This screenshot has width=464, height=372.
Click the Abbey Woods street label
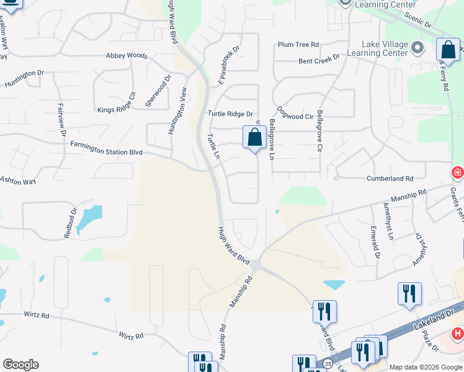click(x=127, y=56)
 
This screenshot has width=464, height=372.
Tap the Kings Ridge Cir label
click(x=116, y=104)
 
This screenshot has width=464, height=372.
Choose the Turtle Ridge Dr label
click(x=230, y=114)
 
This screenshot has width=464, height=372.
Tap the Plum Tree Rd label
click(x=298, y=45)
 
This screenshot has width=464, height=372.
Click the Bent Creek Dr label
click(x=319, y=60)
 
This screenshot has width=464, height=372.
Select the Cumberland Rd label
click(x=392, y=178)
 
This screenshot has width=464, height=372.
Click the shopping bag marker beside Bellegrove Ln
click(x=254, y=138)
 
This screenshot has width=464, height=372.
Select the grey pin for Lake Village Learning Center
click(x=417, y=47)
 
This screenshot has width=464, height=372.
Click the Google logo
click(x=20, y=365)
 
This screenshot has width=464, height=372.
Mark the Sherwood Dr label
click(x=158, y=92)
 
